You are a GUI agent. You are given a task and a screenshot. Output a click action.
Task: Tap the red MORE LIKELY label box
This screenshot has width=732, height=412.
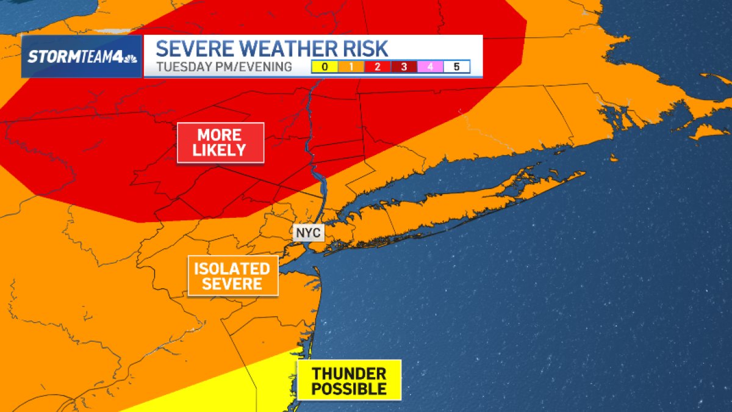[220, 143]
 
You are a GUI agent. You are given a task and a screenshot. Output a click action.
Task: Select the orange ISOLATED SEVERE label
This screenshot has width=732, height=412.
[232, 276]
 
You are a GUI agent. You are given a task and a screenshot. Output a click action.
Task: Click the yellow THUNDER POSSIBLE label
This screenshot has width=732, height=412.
[349, 381]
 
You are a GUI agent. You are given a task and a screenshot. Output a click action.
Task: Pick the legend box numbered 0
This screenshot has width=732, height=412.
[324, 67]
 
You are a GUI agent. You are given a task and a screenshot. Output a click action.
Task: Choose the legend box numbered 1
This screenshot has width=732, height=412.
[351, 67]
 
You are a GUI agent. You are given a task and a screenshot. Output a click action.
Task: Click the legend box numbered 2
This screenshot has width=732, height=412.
[377, 67]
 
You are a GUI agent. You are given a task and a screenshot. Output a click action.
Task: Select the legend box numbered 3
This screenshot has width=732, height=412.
[404, 67]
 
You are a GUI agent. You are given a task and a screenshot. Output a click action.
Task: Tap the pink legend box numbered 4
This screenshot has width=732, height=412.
[430, 67]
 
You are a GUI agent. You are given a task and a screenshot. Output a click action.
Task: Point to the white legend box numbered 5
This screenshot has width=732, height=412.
[456, 67]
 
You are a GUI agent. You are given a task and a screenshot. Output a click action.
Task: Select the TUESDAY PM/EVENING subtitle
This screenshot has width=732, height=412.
[224, 67]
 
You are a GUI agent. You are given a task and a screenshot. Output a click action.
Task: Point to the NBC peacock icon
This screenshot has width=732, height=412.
[130, 59]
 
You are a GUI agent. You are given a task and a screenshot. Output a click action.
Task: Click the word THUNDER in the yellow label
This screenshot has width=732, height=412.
[349, 374]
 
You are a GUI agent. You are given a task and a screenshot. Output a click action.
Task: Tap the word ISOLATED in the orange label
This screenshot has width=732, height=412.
[232, 269]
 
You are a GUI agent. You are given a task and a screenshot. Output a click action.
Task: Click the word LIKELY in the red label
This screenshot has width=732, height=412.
[220, 150]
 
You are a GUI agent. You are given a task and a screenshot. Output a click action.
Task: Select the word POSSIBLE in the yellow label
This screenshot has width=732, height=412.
[349, 389]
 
